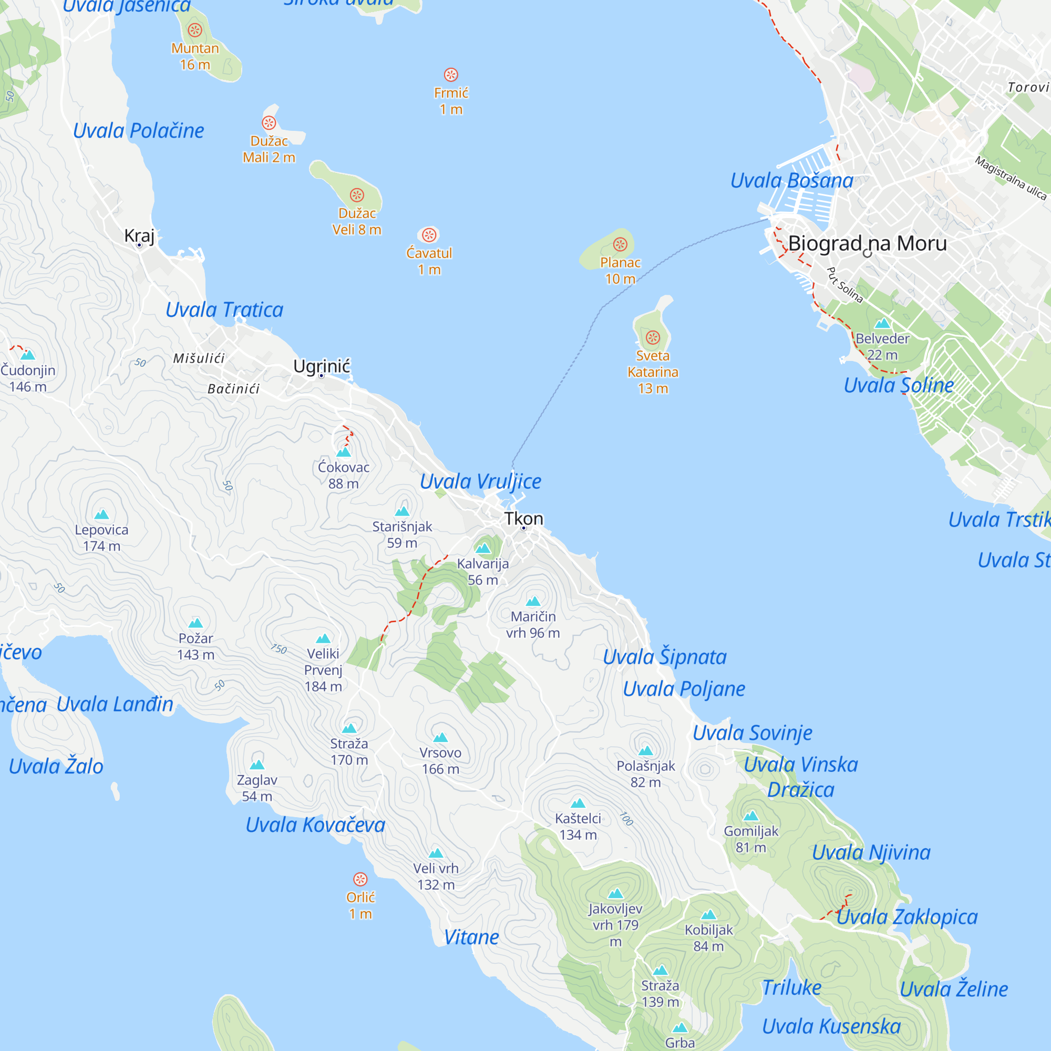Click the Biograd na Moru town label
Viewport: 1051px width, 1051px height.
[867, 243]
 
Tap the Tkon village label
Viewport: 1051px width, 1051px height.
[523, 519]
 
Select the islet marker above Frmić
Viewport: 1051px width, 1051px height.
[451, 75]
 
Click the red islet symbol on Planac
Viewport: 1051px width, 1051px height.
[620, 244]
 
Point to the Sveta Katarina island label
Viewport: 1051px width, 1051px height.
[653, 372]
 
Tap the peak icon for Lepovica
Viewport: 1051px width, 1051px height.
[102, 514]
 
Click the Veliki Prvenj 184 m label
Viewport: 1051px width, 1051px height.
[323, 669]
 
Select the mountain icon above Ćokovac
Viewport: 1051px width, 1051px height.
[344, 452]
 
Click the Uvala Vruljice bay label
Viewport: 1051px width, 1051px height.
[480, 481]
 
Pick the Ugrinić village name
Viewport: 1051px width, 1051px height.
[322, 366]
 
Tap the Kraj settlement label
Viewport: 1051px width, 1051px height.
[139, 235]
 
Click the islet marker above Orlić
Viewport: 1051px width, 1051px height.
[360, 879]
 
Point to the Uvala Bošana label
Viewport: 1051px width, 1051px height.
[791, 181]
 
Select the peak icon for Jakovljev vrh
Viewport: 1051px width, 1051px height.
[615, 893]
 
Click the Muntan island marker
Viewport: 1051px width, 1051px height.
[195, 30]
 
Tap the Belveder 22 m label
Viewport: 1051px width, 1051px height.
[882, 346]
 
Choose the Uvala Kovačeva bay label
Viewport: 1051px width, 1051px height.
[315, 825]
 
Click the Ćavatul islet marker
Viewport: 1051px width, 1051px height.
[429, 235]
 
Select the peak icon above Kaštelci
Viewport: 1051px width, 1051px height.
[578, 803]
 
